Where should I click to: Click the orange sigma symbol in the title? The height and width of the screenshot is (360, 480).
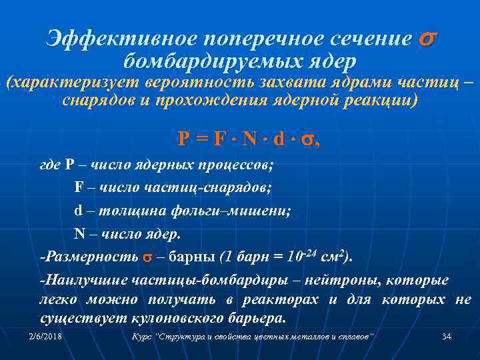427,39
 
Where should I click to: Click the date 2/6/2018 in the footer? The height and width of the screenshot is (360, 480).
45,337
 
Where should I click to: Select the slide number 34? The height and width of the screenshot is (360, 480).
447,337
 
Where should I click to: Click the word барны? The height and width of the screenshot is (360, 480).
187,257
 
